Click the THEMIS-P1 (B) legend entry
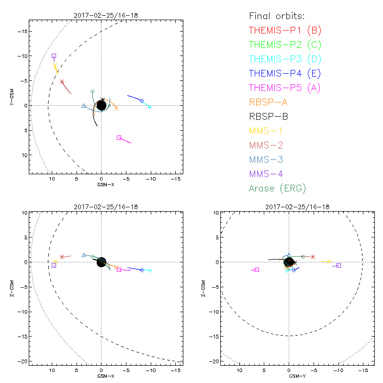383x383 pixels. coord(285,31)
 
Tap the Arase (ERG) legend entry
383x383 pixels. coord(277,188)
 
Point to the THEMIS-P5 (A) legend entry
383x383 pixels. coord(285,88)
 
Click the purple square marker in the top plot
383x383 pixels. coord(54,56)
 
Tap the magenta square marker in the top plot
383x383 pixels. coord(119,137)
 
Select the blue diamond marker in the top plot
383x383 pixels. coord(142,101)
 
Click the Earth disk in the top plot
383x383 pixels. coord(101,105)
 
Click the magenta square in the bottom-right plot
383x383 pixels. coord(257,270)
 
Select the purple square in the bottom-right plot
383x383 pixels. coord(338,265)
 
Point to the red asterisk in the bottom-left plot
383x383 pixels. coord(62,257)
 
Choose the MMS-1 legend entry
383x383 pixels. coord(269,131)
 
